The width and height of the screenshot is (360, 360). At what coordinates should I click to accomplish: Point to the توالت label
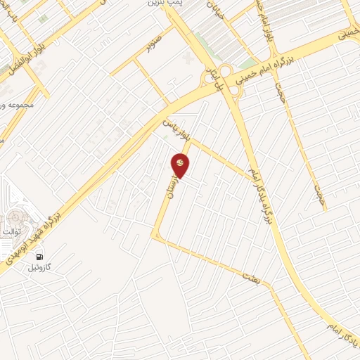[x=15, y=232]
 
